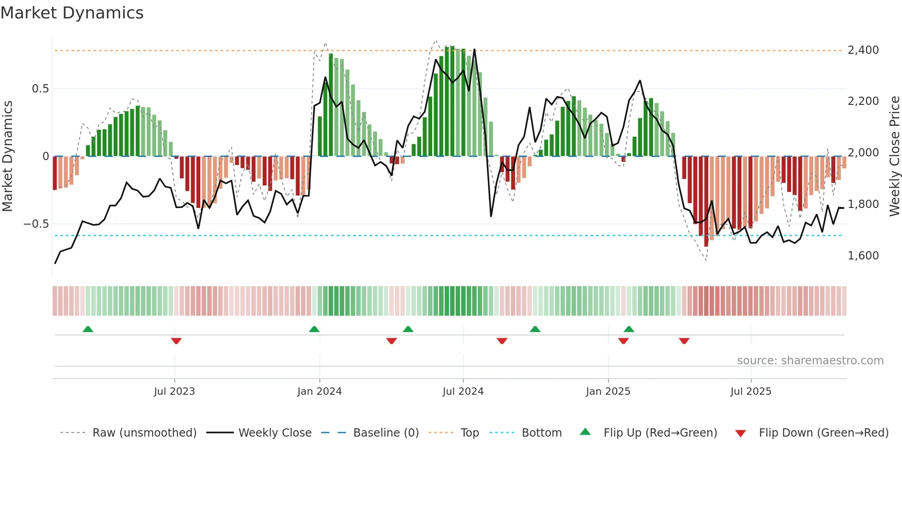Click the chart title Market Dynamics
(x=72, y=13)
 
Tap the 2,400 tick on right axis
(x=863, y=50)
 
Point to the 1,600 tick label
(x=863, y=255)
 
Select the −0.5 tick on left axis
(x=36, y=224)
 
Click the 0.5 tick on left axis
(x=40, y=89)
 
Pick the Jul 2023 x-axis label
(x=174, y=392)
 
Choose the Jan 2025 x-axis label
(x=608, y=392)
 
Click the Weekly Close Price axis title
(x=894, y=156)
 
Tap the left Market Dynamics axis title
(x=7, y=156)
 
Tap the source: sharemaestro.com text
(x=810, y=361)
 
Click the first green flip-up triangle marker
(x=88, y=329)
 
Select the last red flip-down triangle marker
(x=684, y=341)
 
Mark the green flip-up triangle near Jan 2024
(x=314, y=329)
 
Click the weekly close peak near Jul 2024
(x=474, y=50)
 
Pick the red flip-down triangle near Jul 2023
(x=176, y=341)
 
